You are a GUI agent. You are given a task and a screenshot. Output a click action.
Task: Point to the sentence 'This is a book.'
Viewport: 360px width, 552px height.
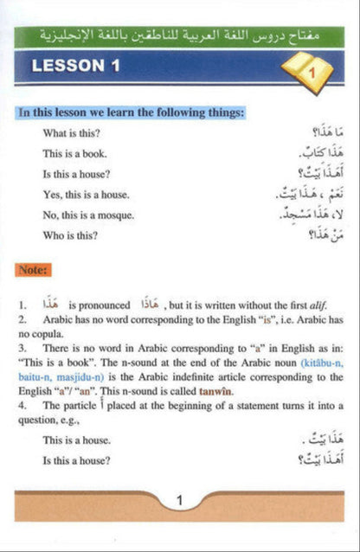tap(74, 153)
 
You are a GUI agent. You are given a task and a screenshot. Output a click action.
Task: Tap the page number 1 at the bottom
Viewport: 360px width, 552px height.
tap(179, 500)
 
